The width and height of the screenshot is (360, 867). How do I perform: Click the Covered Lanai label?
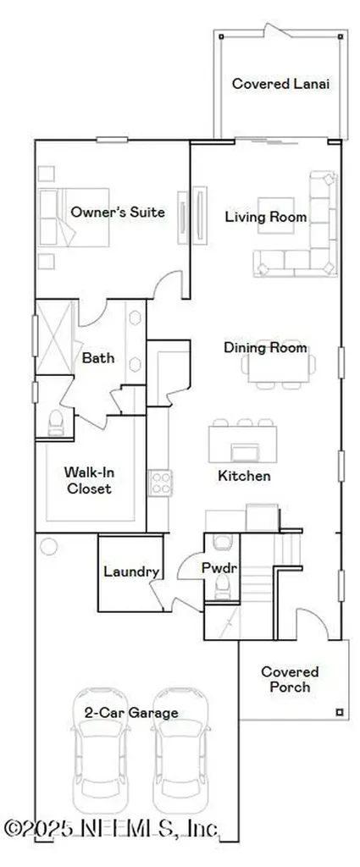pyautogui.click(x=280, y=84)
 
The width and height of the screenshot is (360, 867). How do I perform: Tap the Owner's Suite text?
pyautogui.click(x=118, y=212)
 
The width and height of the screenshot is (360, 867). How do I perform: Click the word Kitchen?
pyautogui.click(x=244, y=476)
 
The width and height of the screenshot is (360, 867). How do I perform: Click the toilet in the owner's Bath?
pyautogui.click(x=57, y=422)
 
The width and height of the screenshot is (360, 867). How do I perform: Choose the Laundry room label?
pyautogui.click(x=130, y=572)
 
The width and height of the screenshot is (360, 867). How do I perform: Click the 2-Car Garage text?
pyautogui.click(x=130, y=713)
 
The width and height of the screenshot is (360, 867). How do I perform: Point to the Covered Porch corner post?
pyautogui.click(x=339, y=711)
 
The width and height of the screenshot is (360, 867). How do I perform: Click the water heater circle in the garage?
pyautogui.click(x=49, y=546)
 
